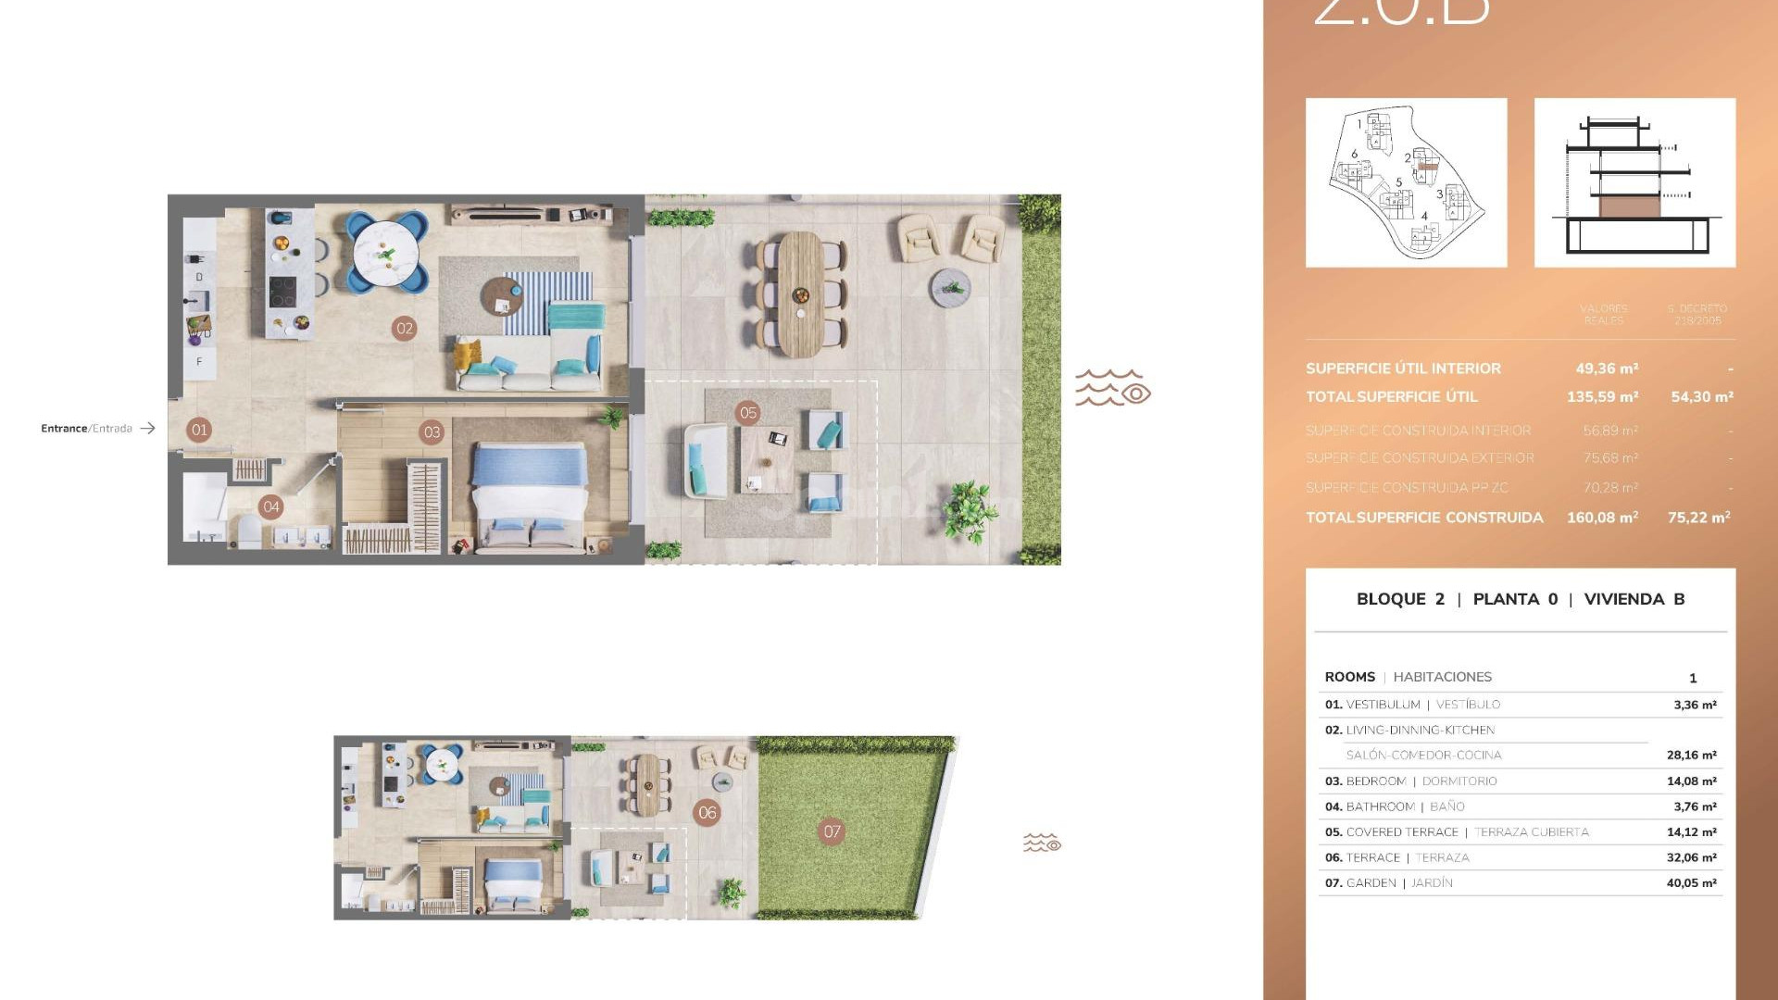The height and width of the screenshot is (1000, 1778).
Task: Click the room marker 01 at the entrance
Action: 198,430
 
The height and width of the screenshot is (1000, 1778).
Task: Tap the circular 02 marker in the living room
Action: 404,328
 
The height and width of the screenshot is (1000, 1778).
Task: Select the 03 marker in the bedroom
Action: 432,431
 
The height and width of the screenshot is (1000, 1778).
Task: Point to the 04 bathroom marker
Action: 270,506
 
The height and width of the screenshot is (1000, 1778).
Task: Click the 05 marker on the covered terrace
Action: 748,413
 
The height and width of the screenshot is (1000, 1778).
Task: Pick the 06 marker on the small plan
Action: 707,813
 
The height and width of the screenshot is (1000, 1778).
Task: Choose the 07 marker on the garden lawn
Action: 832,831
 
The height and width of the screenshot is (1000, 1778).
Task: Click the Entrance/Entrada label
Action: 87,429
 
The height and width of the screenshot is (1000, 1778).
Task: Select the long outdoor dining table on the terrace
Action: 801,293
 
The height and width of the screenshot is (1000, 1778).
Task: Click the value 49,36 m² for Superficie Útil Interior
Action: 1607,369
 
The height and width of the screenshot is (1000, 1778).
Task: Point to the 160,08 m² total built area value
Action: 1602,518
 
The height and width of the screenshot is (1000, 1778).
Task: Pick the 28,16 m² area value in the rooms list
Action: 1691,756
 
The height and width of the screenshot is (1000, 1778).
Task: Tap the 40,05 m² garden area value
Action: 1691,883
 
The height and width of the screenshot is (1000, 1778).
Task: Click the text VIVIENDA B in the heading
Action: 1634,599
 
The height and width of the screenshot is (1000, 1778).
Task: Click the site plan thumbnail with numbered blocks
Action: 1406,182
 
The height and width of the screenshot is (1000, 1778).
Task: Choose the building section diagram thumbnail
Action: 1634,182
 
